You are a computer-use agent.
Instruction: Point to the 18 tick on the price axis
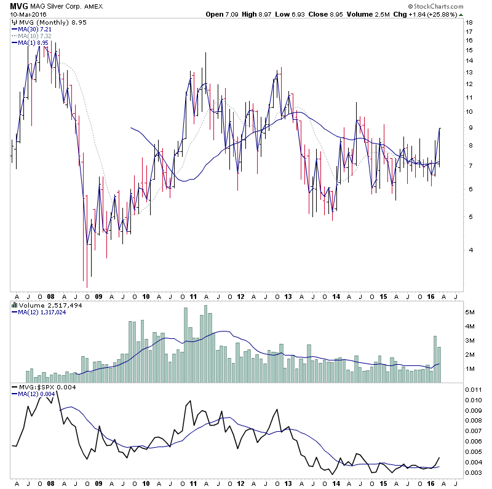coord(468,22)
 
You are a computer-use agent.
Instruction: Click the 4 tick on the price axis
coord(467,250)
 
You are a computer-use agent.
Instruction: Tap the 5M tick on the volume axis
coord(470,312)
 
